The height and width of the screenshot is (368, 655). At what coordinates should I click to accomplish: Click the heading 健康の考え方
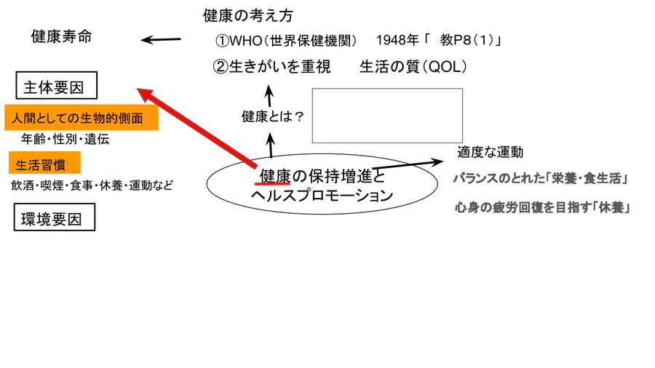(247, 15)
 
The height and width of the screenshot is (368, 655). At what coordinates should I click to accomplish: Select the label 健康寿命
(62, 37)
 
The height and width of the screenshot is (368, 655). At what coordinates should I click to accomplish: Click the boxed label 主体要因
(56, 87)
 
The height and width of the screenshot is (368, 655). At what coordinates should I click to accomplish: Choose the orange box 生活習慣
(44, 163)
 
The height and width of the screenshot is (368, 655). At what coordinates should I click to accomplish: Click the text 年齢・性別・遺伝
(65, 140)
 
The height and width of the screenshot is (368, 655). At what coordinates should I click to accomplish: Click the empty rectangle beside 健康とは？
(387, 116)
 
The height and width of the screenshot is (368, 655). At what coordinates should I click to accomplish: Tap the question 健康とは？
(272, 116)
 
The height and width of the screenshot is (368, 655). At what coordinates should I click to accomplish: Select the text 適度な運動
(490, 153)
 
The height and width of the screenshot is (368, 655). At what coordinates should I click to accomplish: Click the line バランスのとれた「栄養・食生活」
(539, 179)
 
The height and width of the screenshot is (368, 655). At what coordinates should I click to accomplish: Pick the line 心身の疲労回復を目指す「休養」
(541, 207)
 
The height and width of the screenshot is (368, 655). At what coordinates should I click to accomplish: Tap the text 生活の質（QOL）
(413, 67)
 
